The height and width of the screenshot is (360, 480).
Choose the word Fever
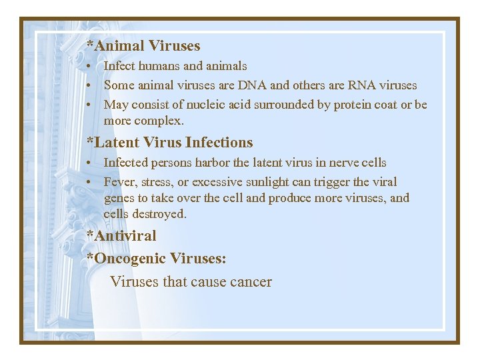point(119,182)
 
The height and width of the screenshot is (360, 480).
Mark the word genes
point(119,198)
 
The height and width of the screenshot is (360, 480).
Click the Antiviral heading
point(121,235)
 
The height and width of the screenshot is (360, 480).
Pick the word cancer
point(250,281)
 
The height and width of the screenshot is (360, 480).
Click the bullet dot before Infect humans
point(89,67)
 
